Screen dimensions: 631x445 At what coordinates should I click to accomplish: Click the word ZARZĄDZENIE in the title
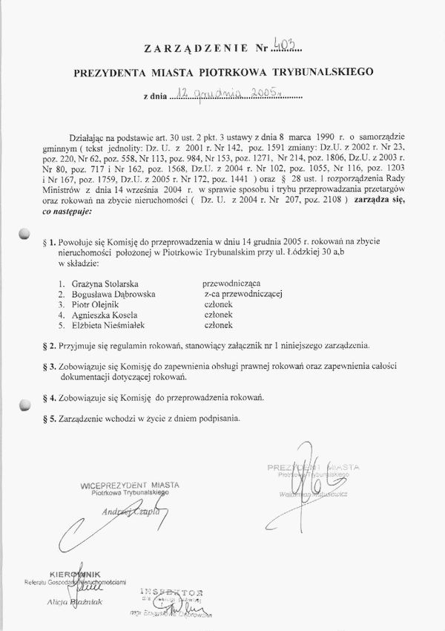point(195,50)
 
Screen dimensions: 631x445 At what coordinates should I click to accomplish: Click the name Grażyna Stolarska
point(102,284)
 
